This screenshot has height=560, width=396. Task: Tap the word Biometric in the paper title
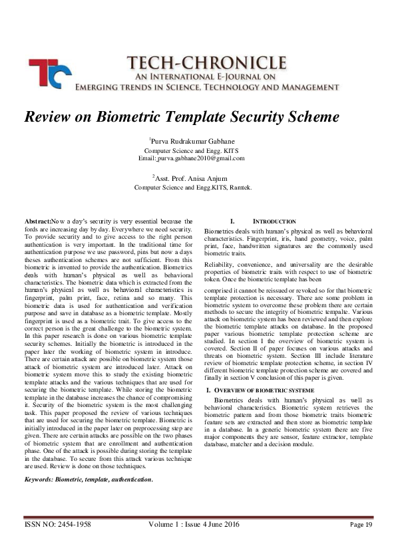point(118,116)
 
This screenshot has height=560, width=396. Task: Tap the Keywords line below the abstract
point(89,479)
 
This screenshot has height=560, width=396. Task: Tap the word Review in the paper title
point(48,116)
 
